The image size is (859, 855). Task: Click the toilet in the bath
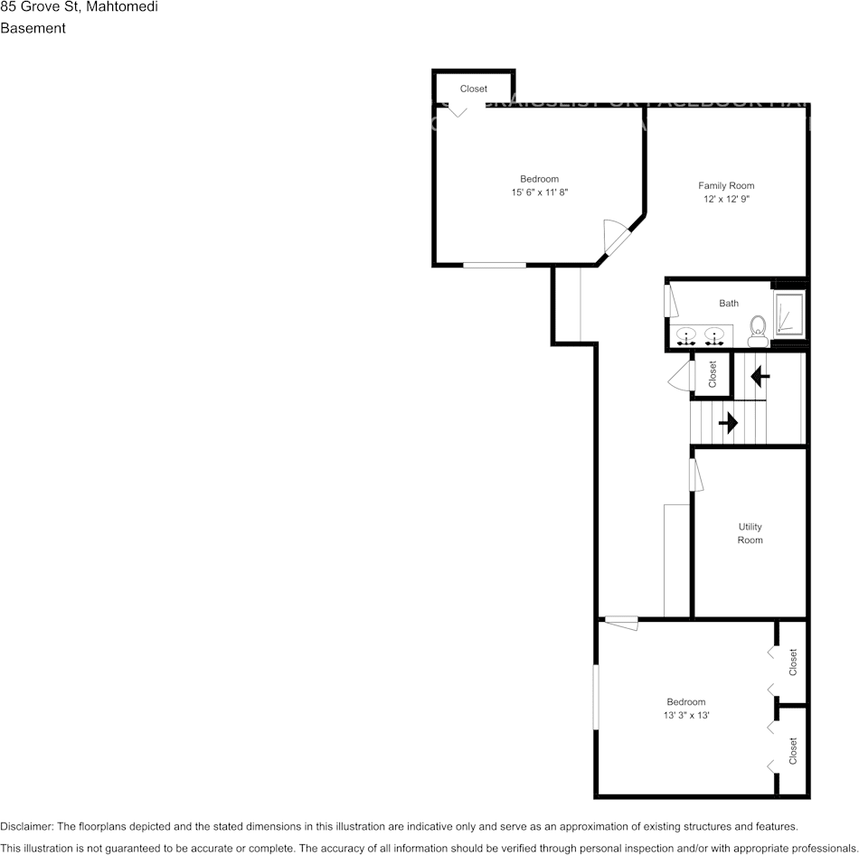click(x=758, y=331)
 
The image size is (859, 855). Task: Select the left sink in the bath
click(x=687, y=336)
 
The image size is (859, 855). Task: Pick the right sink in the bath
click(x=714, y=336)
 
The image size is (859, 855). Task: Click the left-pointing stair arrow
click(x=760, y=374)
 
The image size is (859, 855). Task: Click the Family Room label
click(x=726, y=186)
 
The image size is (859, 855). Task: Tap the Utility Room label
click(x=750, y=533)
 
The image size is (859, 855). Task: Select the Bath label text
click(x=729, y=304)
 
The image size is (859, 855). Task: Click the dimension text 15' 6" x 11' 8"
click(x=539, y=193)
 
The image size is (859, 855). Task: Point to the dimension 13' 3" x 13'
click(x=685, y=715)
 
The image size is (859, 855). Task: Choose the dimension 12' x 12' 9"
click(x=726, y=199)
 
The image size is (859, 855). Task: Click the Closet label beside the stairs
click(x=713, y=373)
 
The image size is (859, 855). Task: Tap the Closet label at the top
click(x=474, y=89)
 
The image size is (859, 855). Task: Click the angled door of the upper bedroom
click(x=617, y=239)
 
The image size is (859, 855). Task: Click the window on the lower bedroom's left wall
click(x=596, y=697)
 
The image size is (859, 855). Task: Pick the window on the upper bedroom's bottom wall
click(x=495, y=265)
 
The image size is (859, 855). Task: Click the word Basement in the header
click(x=33, y=28)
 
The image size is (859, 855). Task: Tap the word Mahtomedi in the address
click(x=122, y=7)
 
